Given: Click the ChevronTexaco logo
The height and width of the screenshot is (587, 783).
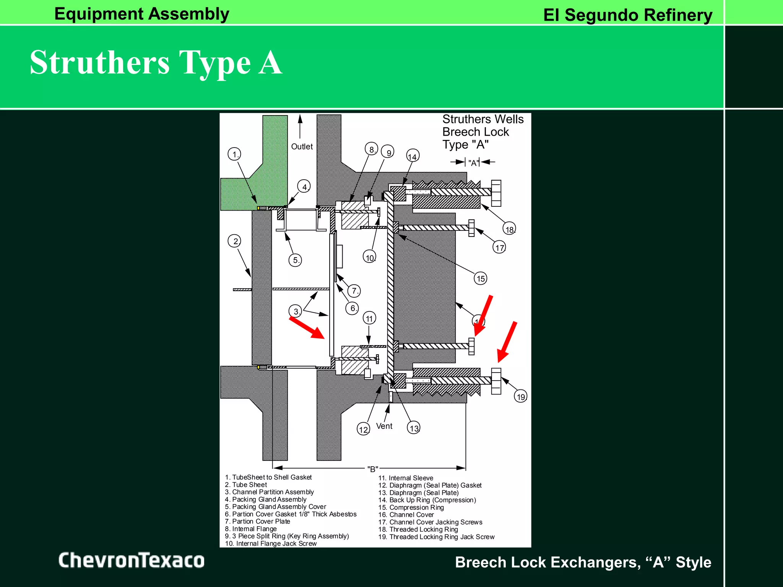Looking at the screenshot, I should point(131,560).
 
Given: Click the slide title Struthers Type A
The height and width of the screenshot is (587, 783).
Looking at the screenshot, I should point(156,63).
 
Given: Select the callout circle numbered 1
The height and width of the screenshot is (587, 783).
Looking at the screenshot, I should point(234,154).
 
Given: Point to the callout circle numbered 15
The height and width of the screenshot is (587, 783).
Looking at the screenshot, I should point(481,278).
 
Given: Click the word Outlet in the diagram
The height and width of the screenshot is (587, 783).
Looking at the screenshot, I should point(302,146).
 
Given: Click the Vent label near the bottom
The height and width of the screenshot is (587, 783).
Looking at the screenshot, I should point(384,426).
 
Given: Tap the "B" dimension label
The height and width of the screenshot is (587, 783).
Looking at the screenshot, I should point(372,469).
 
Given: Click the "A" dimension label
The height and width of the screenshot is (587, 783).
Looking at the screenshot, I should point(473,163).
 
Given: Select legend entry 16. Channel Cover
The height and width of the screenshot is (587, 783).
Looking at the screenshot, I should point(411,515).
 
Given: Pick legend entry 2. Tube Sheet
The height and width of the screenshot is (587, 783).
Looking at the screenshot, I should point(246,485).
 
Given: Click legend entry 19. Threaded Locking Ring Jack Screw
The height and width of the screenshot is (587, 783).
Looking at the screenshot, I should point(436,537).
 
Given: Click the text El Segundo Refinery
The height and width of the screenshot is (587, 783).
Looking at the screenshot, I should point(627,15).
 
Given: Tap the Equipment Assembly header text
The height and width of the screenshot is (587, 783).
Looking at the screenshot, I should point(141,14).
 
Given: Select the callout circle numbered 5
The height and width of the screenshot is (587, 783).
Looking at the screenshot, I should point(295,260).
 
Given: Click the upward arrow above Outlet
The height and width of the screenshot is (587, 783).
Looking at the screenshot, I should point(300,126).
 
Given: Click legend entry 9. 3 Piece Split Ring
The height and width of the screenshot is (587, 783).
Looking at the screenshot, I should point(287,536).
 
